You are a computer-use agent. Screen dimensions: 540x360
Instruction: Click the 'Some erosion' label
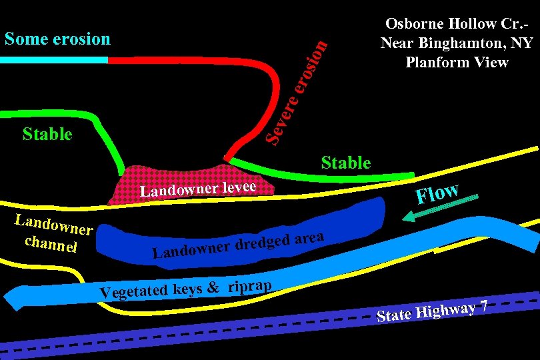[x=57, y=39]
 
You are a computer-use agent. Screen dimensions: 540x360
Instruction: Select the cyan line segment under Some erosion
[x=53, y=60]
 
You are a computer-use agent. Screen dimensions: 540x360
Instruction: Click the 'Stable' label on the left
[x=47, y=134]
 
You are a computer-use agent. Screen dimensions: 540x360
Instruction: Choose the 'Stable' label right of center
[x=345, y=163]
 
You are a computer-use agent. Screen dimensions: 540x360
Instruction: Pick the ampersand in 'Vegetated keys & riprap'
[x=213, y=288]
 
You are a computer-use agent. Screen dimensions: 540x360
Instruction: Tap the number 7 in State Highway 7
[x=485, y=305]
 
